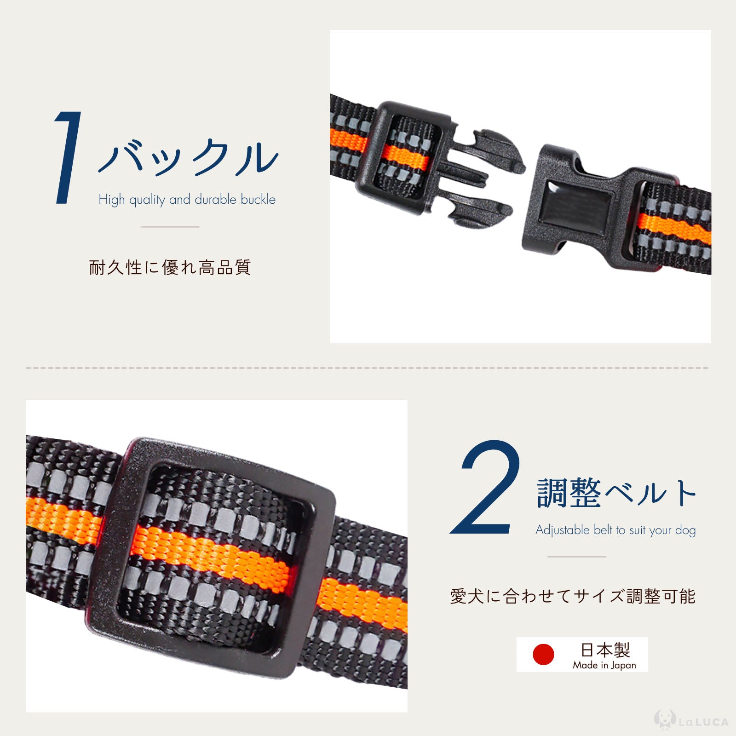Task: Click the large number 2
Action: pos(485,488)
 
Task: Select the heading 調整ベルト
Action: pos(616,493)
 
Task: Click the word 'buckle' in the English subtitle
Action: pos(258,199)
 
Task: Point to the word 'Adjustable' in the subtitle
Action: pos(562,530)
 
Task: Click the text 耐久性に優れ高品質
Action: pos(170,267)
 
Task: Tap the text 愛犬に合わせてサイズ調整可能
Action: pos(573,596)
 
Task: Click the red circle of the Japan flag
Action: pos(543,654)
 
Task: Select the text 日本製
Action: pos(605,650)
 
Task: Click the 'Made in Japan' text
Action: pos(604,665)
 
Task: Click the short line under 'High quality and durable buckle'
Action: pos(170,227)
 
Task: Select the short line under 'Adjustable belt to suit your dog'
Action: pos(576,557)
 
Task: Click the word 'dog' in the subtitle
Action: pos(685,530)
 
